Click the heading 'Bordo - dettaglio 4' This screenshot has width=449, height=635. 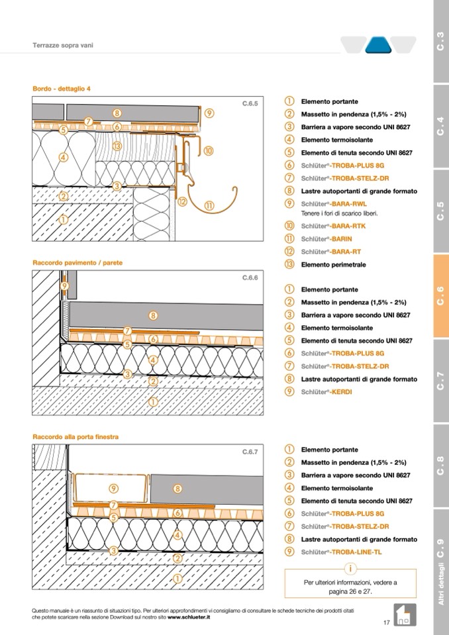click(x=62, y=88)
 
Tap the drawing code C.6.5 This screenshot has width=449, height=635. click(x=249, y=104)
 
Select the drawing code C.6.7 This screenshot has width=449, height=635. click(x=249, y=452)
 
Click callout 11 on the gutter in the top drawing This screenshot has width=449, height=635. click(x=209, y=206)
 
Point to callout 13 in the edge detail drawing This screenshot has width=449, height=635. click(x=117, y=146)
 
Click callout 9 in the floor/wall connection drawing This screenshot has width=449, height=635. click(x=65, y=286)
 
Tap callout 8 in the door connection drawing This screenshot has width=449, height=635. click(x=177, y=489)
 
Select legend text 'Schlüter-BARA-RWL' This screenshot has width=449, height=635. click(x=334, y=204)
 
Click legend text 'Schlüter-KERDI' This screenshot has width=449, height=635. click(x=326, y=392)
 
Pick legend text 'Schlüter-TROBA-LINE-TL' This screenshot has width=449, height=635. click(x=341, y=552)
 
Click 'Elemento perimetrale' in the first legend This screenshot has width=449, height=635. click(x=333, y=265)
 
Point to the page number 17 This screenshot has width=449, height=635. click(x=386, y=622)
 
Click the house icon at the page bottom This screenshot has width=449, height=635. click(x=404, y=614)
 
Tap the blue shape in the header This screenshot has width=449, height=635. click(x=378, y=45)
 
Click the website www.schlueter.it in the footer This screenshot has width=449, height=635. click(x=189, y=616)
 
